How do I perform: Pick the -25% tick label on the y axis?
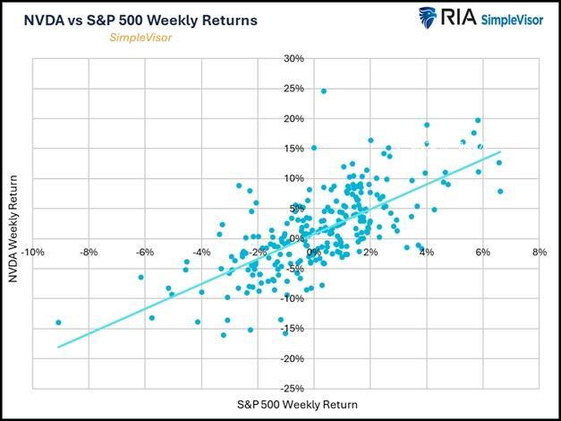pos(293,389)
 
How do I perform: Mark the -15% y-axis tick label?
pos(293,329)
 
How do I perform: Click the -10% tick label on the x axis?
pos(33,253)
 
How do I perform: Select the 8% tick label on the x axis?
pos(539,253)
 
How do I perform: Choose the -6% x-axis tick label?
pos(145,253)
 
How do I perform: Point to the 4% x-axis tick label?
pos(427,253)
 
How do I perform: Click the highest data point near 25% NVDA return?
pos(323,91)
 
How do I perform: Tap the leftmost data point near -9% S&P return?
pos(59,322)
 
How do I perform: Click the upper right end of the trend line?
pos(501,152)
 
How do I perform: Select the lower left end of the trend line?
pos(59,347)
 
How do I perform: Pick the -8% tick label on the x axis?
pos(89,253)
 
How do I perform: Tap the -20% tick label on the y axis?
pos(293,358)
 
